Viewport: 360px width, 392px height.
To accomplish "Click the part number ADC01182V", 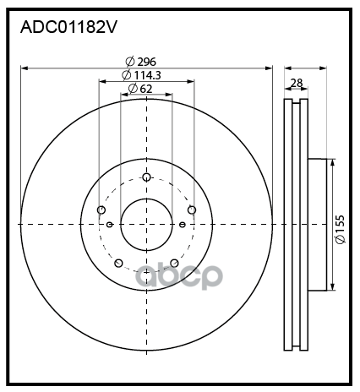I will click(x=68, y=27).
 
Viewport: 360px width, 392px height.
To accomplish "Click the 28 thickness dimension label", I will click(x=297, y=83).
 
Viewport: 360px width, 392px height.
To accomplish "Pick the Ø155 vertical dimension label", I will click(x=339, y=230).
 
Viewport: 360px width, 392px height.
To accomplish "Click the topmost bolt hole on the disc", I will click(x=146, y=177).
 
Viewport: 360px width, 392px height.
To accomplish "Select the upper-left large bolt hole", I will click(x=101, y=210).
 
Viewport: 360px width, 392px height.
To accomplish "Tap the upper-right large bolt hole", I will click(x=192, y=210).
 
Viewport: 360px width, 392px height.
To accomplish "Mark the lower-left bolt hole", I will click(x=118, y=263).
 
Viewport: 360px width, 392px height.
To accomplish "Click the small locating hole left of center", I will click(x=111, y=224).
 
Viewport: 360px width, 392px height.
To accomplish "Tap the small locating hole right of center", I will click(x=183, y=224).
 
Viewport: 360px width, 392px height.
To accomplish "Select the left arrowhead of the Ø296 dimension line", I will click(x=23, y=67).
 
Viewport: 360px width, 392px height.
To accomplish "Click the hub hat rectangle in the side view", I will click(x=316, y=224).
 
